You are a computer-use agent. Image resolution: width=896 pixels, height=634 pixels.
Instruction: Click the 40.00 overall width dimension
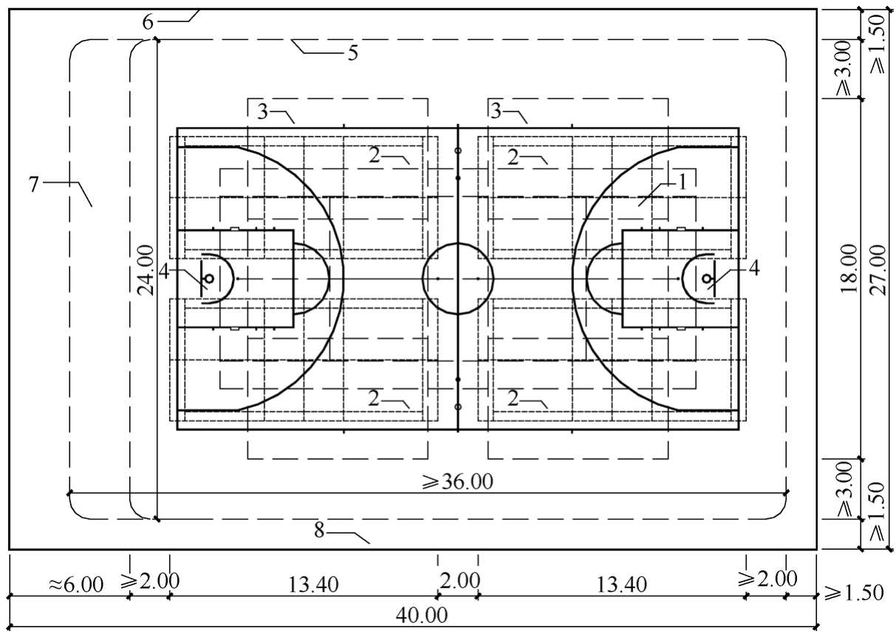tap(422, 615)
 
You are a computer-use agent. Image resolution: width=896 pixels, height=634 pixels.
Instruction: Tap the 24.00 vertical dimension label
tap(146, 270)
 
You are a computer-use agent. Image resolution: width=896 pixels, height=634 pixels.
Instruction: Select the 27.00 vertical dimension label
tap(878, 270)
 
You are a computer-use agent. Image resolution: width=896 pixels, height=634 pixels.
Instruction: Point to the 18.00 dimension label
tap(849, 269)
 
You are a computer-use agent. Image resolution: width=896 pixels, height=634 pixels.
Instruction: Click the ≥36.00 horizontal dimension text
tap(457, 482)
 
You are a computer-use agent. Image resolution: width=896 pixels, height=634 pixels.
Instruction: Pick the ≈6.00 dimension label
tap(76, 585)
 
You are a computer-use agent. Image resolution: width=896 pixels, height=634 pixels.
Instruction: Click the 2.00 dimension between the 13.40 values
tap(459, 581)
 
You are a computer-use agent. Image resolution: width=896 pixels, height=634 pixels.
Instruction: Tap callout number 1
tap(683, 182)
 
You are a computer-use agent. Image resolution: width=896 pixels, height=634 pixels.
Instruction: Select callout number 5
tap(352, 52)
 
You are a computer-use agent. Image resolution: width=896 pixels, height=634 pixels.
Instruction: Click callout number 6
tap(148, 22)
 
